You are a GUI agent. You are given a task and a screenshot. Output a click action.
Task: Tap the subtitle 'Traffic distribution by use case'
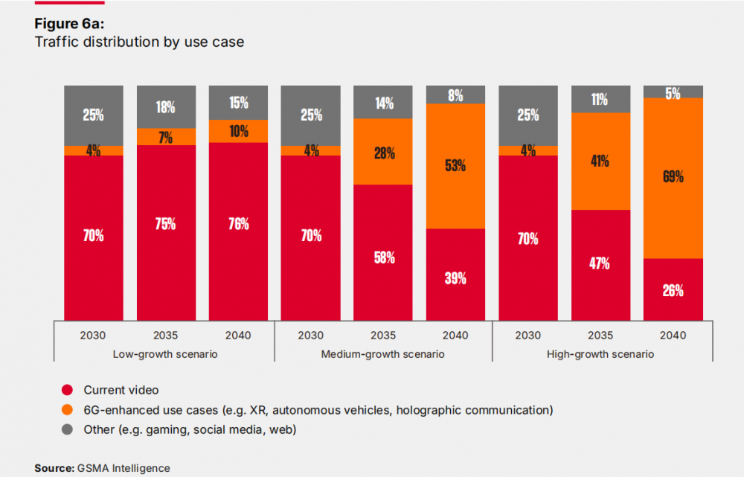point(139,42)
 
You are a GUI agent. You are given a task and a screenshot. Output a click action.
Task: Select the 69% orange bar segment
point(673,177)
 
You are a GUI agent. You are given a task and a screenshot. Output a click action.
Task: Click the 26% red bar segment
point(673,290)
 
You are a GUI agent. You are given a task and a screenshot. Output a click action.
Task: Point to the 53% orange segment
point(455,165)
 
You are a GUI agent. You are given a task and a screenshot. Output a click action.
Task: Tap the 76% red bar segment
point(238,224)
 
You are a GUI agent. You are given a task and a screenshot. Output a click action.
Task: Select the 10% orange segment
point(238,131)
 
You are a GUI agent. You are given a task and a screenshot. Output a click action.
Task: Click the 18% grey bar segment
point(166,107)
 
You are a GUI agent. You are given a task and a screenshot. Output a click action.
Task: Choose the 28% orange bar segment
point(383,153)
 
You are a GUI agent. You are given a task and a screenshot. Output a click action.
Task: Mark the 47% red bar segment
point(600,263)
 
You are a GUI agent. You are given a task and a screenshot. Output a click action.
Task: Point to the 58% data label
point(383,257)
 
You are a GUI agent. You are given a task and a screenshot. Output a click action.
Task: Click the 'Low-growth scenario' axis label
point(166,354)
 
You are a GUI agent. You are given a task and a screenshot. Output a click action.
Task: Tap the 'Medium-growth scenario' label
point(382,354)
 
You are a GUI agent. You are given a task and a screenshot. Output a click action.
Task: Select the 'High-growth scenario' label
point(600,354)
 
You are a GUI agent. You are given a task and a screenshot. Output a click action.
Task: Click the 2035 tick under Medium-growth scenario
point(383,335)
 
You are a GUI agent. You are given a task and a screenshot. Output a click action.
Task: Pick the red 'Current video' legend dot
point(68,390)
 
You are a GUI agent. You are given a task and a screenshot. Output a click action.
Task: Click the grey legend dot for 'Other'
point(68,429)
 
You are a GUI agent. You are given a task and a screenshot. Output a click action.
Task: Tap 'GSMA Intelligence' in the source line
point(123,468)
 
